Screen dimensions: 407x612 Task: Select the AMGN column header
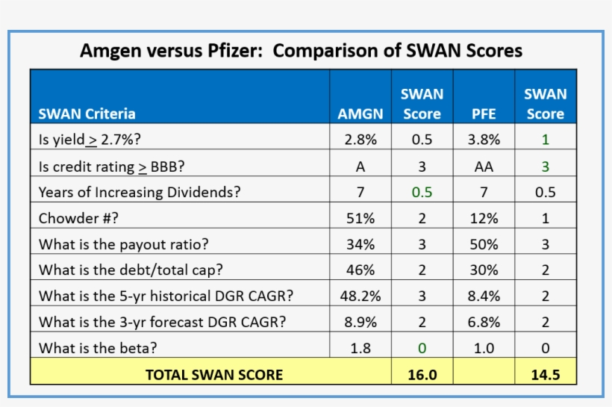click(x=360, y=114)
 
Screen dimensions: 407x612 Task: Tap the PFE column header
click(x=484, y=114)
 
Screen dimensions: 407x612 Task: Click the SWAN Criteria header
click(x=87, y=114)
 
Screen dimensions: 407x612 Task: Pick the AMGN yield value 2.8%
click(x=360, y=139)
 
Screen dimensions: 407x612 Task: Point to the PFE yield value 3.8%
click(x=484, y=139)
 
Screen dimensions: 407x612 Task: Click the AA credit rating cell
click(x=484, y=167)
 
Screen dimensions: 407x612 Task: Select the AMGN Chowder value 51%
click(x=360, y=219)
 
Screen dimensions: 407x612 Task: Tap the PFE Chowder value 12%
click(x=484, y=219)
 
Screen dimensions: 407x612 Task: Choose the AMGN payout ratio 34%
click(x=360, y=244)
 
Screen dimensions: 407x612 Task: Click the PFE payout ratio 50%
click(x=484, y=244)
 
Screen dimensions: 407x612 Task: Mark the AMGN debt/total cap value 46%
click(x=360, y=270)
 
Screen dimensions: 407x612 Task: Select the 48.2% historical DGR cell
click(x=360, y=296)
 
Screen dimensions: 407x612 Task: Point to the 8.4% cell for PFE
click(x=484, y=296)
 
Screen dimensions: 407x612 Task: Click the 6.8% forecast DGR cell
click(x=484, y=322)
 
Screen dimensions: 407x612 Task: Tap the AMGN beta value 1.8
click(x=360, y=347)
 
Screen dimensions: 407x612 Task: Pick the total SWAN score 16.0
click(x=422, y=374)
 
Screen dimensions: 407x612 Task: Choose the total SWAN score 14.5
click(x=546, y=374)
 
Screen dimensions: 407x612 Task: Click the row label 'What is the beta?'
click(x=98, y=347)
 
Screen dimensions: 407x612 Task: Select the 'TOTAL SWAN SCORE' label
click(x=214, y=374)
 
